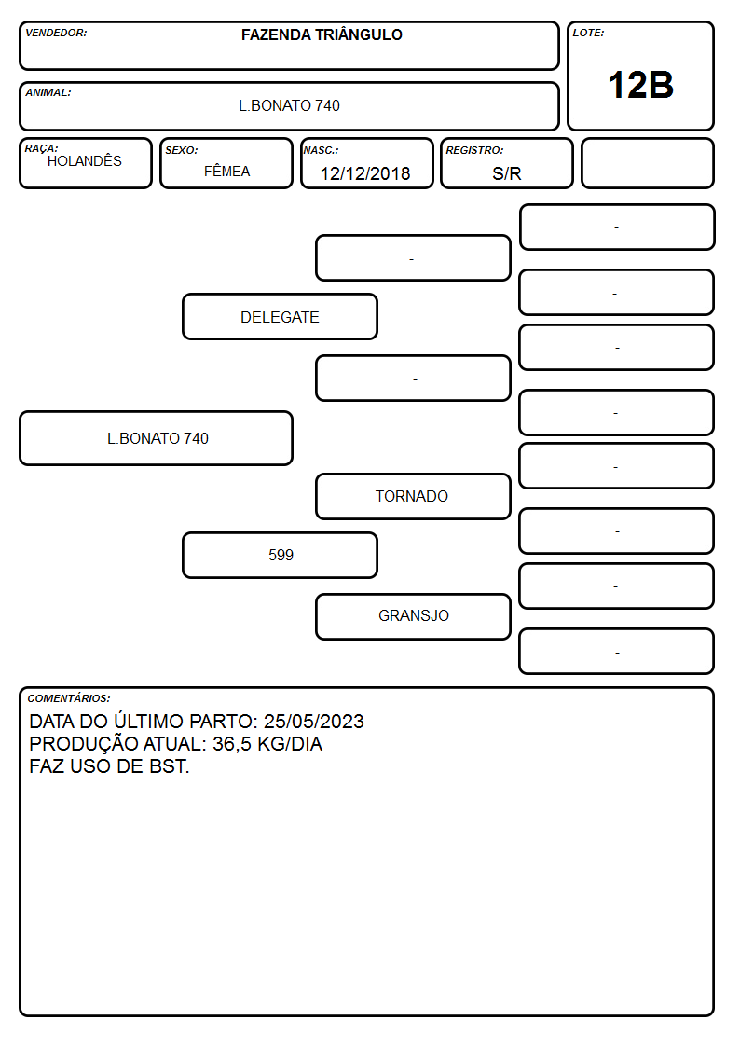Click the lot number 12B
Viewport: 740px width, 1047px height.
(x=640, y=86)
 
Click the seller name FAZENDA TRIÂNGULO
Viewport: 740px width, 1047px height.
(x=322, y=34)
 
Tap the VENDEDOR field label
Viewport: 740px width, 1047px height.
(x=56, y=33)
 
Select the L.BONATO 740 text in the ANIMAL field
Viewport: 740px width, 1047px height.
(x=289, y=105)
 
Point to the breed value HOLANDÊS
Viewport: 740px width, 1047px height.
(x=85, y=161)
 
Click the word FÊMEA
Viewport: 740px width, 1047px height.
(x=226, y=171)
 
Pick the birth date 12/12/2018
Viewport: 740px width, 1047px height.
(x=365, y=173)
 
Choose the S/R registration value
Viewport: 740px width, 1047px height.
(x=506, y=173)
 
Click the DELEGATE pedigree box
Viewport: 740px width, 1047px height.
(x=280, y=316)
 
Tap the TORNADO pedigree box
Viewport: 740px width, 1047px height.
(x=413, y=496)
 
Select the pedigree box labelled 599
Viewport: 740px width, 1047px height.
(x=280, y=555)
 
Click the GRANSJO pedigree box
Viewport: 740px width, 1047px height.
(x=413, y=616)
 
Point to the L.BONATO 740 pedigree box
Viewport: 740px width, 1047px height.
(x=157, y=438)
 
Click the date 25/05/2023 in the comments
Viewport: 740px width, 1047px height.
(x=314, y=721)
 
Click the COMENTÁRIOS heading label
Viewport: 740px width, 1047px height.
(x=69, y=698)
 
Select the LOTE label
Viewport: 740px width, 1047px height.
(x=588, y=33)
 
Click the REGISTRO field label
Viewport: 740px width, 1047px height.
(x=474, y=150)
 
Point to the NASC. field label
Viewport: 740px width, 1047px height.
(x=321, y=150)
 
